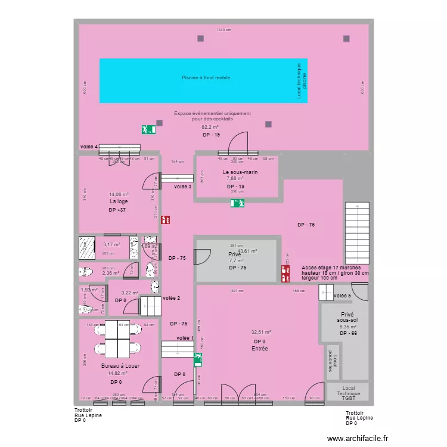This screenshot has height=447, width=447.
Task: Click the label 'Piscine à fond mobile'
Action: [x=206, y=77]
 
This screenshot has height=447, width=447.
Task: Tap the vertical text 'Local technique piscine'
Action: [x=302, y=81]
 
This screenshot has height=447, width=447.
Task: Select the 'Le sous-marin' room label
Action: [x=238, y=172]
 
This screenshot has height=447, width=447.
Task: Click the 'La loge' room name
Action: [x=119, y=201]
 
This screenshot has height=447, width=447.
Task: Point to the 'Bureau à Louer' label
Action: [x=120, y=365]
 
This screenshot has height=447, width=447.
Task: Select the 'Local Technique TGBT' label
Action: [x=348, y=392]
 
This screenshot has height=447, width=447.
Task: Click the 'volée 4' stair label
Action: [x=89, y=147]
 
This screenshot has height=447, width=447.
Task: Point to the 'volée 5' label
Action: [x=343, y=296]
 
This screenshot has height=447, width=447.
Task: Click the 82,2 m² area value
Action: [x=210, y=127]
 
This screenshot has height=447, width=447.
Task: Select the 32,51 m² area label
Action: [x=261, y=333]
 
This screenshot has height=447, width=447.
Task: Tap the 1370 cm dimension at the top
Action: [x=223, y=30]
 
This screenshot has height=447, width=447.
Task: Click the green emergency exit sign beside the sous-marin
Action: [x=238, y=203]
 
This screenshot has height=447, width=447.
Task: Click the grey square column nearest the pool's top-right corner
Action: [x=346, y=39]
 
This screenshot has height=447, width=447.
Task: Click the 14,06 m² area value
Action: [x=119, y=194]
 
